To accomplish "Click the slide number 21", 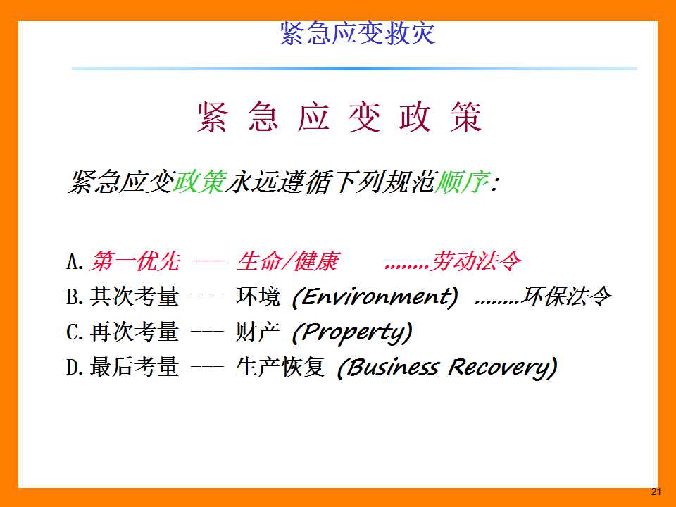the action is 656,492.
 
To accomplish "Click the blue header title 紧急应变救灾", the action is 358,33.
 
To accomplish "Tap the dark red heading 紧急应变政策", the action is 339,117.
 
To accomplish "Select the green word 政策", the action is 199,182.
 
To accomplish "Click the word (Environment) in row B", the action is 375,297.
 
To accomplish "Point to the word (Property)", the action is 352,333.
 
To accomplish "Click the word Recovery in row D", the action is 503,368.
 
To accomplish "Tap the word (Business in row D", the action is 388,368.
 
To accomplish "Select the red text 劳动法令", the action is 477,261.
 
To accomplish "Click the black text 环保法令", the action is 566,296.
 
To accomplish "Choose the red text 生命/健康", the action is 288,261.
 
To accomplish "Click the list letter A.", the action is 75,262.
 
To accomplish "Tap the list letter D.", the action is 75,368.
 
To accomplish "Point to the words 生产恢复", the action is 281,368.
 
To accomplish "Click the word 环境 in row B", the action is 258,296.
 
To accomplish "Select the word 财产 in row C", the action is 258,332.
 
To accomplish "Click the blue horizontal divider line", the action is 354,68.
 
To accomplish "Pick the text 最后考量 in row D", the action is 134,368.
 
